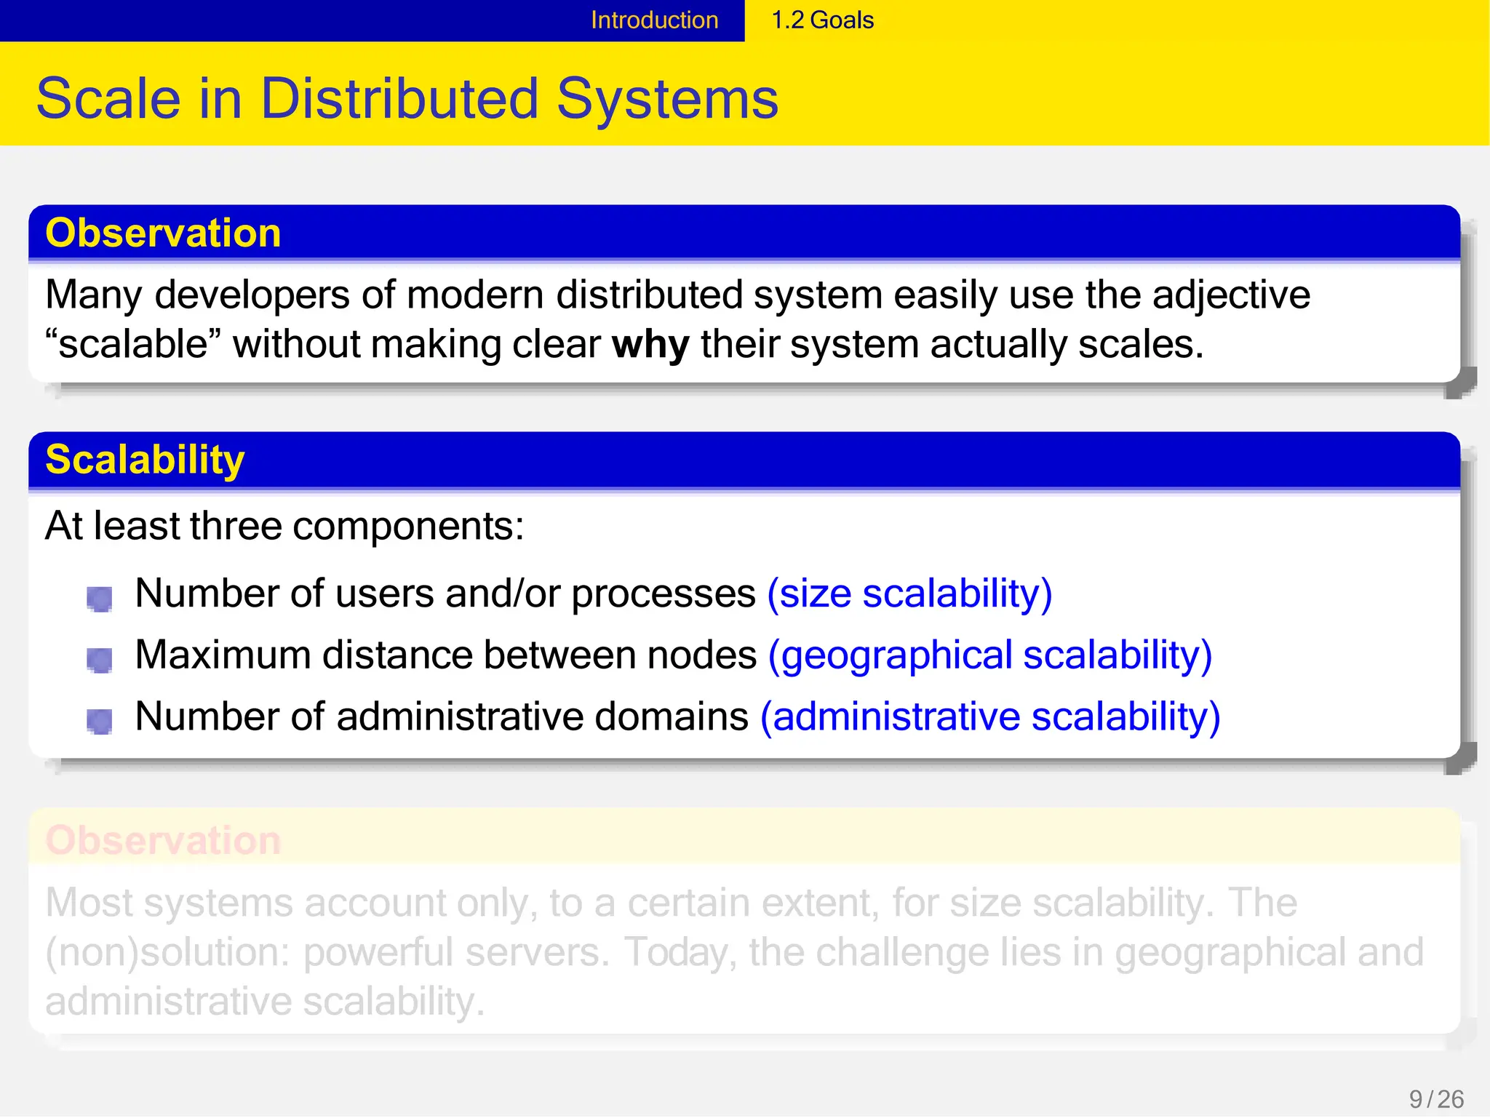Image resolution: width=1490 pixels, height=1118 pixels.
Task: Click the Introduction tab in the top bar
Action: coord(654,20)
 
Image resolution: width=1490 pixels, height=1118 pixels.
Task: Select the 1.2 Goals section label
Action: coord(822,20)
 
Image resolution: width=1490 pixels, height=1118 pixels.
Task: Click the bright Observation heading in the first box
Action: coord(163,233)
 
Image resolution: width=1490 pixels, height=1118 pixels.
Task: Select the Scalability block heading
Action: coord(145,460)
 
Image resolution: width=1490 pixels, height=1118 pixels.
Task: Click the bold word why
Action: coord(650,345)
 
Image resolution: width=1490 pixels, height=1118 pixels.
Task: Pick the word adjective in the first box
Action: coord(1230,295)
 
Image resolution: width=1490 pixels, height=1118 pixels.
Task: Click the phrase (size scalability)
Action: coord(909,594)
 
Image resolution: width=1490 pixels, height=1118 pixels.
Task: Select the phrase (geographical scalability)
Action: coord(989,655)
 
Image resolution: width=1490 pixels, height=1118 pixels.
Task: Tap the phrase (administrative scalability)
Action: coord(989,717)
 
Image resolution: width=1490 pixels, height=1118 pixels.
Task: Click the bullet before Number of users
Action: coord(99,599)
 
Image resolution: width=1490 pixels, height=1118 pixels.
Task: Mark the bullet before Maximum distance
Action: coord(99,660)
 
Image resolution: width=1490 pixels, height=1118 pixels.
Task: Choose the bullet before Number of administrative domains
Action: coord(99,722)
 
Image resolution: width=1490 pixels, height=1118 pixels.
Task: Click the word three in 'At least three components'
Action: coord(235,526)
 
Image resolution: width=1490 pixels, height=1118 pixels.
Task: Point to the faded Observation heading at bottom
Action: coord(163,841)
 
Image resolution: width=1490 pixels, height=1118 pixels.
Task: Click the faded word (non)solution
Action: coord(167,953)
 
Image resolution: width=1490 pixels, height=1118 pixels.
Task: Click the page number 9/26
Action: coord(1435,1099)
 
